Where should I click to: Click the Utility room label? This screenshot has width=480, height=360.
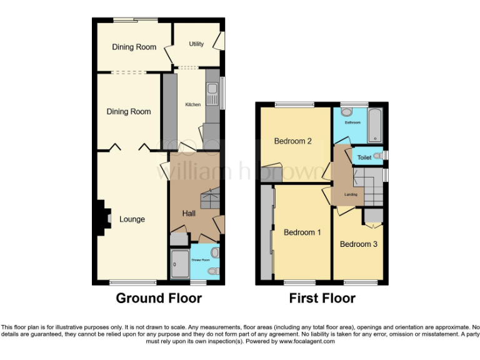(196, 44)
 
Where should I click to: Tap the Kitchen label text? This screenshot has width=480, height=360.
(192, 104)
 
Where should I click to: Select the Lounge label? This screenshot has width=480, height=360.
(132, 219)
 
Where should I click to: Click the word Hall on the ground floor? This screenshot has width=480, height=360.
(189, 214)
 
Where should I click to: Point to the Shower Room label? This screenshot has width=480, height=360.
(200, 259)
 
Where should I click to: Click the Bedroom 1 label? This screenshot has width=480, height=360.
(302, 232)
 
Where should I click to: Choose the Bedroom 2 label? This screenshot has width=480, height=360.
(293, 141)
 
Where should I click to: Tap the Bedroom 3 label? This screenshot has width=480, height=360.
(358, 244)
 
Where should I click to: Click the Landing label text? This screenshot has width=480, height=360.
(351, 195)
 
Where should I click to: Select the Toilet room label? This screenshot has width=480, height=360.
(364, 157)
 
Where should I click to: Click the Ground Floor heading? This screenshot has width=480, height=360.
(159, 298)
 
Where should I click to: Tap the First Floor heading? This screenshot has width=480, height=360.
(322, 298)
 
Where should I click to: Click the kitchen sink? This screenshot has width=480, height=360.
(212, 94)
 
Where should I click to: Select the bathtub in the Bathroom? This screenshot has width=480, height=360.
(374, 124)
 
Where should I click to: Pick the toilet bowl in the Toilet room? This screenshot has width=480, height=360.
(377, 156)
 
